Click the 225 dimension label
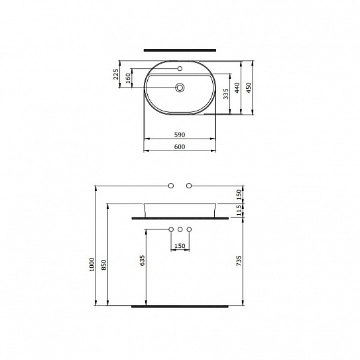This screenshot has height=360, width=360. [116, 74]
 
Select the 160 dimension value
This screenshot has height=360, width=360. [129, 78]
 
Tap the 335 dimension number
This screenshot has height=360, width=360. [226, 93]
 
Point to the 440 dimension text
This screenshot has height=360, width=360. [237, 88]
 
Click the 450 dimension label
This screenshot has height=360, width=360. [249, 88]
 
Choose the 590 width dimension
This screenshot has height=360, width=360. [180, 135]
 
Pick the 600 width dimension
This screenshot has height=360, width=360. [180, 147]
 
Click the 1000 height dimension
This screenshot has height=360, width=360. [92, 265]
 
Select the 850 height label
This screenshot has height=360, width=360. [104, 265]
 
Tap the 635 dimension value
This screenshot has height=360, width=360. [143, 261]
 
